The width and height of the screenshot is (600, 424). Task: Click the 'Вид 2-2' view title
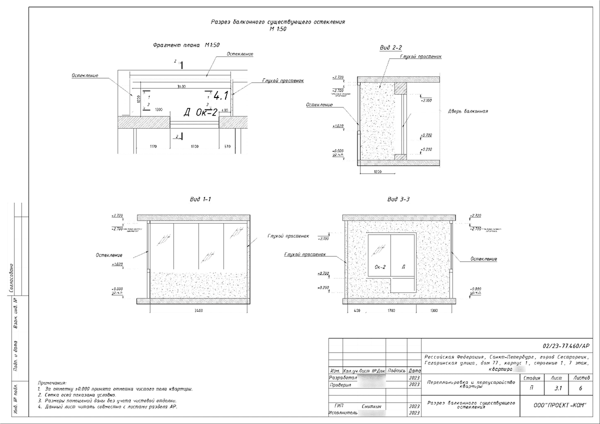tap(391, 47)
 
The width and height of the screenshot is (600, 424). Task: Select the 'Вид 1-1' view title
tap(200, 199)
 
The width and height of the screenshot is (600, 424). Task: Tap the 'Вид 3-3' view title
tap(398, 199)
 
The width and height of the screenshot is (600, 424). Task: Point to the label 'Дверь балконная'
tap(468, 111)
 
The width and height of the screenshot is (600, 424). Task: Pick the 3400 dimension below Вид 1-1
tap(198, 311)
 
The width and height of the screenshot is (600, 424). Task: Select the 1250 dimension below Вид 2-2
tap(377, 171)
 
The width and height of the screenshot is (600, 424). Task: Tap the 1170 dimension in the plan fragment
tap(153, 146)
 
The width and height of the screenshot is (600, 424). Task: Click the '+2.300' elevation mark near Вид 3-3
tap(322, 238)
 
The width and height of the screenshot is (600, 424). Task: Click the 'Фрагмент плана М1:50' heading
tap(179, 45)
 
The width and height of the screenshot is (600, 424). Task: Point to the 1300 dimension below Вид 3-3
tap(433, 311)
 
